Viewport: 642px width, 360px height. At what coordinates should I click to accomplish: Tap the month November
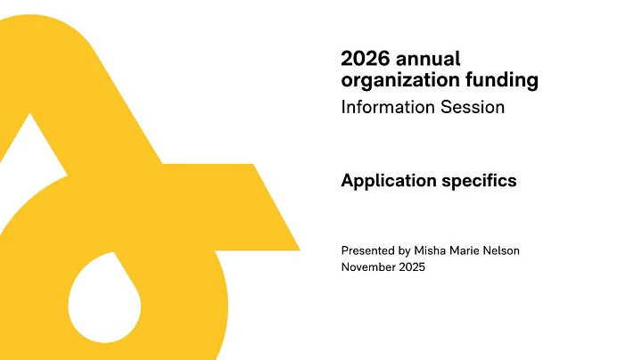[370, 267]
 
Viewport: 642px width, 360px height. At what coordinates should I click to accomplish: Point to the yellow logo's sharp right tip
[298, 249]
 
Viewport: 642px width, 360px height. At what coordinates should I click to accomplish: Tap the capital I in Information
[343, 107]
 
